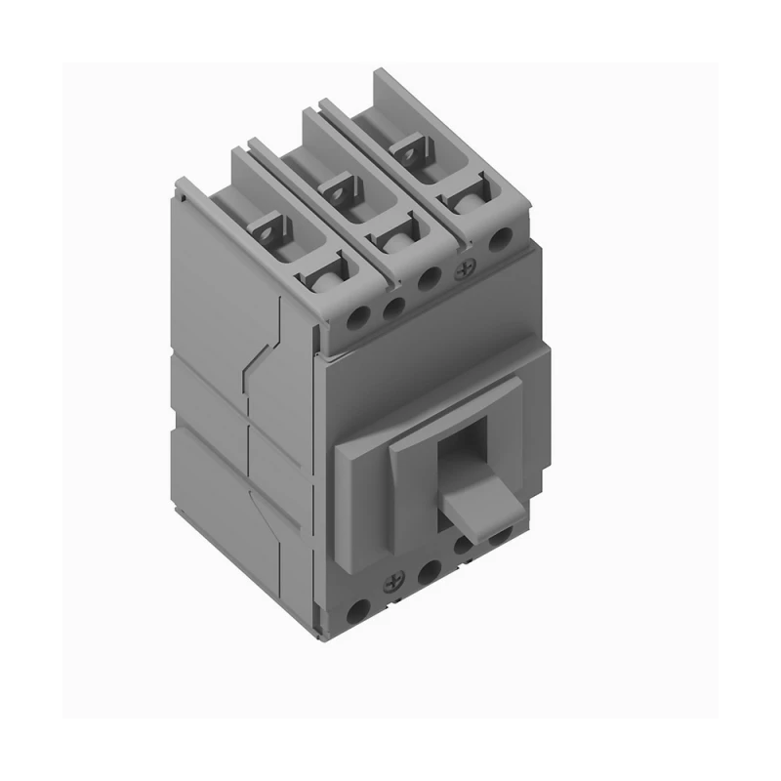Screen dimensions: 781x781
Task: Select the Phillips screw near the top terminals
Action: (465, 267)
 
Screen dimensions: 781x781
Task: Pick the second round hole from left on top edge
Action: (392, 308)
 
